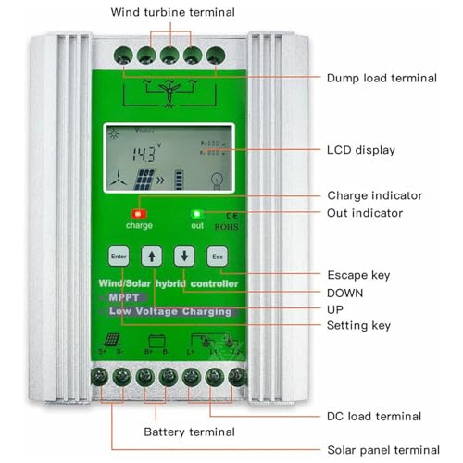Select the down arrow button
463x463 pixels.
(x=184, y=256)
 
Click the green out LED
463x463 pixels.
(x=196, y=214)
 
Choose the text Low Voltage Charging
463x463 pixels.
(x=171, y=312)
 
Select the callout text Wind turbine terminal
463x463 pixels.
(x=172, y=12)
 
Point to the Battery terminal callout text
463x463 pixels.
(x=189, y=432)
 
